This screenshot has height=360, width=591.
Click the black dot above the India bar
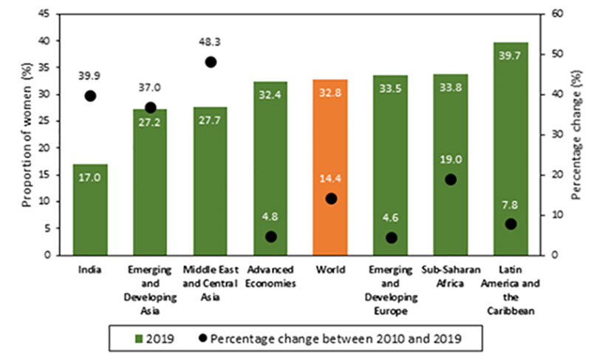pos(90,95)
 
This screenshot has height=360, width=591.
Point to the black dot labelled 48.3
pos(211,62)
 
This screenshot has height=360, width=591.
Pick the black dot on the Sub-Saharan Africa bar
pos(451,180)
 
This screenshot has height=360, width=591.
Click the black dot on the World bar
pos(330,198)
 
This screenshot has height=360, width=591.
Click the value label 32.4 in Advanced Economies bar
pos(270,95)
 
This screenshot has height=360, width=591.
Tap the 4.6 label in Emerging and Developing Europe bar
pos(391,219)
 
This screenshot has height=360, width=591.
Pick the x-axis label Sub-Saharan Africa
pos(451,271)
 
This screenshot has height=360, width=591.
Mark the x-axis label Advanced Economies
pos(270,271)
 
